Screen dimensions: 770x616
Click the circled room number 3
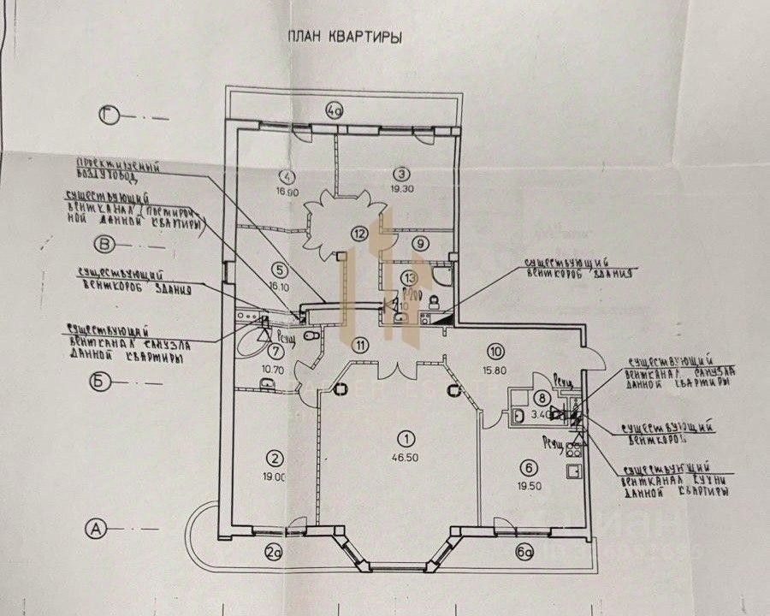tap(397, 170)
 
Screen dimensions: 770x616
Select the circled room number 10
tap(494, 349)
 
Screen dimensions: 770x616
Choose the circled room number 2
tap(275, 456)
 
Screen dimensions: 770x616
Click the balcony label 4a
tap(336, 109)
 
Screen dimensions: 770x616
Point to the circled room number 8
tap(541, 397)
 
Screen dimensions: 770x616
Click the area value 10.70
tap(274, 370)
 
